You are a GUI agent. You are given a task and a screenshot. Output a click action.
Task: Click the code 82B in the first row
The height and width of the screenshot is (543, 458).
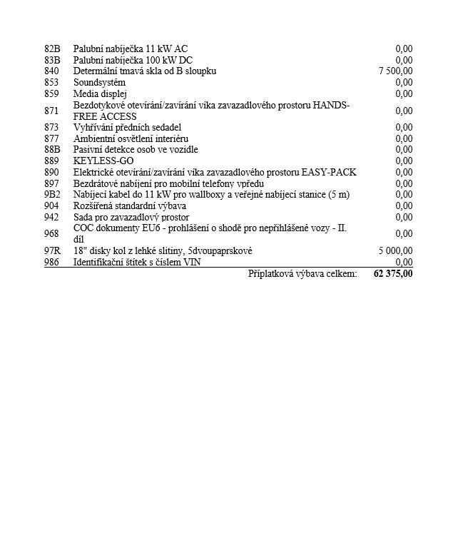click(x=52, y=49)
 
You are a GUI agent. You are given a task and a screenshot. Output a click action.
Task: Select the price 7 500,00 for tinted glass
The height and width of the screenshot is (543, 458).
click(x=395, y=71)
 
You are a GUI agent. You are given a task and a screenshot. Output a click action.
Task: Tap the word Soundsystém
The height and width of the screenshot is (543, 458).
click(x=99, y=83)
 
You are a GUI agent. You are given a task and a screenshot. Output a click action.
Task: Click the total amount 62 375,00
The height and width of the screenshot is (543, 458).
click(x=392, y=274)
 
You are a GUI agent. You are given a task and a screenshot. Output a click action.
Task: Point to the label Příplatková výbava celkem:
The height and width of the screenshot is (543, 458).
click(x=302, y=274)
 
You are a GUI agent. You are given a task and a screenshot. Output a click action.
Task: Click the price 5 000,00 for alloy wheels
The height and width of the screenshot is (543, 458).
click(x=395, y=251)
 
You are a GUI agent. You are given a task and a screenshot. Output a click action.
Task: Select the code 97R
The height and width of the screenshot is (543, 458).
click(x=52, y=251)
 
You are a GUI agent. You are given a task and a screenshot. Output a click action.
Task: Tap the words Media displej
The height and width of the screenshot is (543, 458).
click(x=100, y=94)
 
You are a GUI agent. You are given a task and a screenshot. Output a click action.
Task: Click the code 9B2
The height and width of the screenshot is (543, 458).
click(x=52, y=195)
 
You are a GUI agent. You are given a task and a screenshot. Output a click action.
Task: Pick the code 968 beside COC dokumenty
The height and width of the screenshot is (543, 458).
click(x=51, y=234)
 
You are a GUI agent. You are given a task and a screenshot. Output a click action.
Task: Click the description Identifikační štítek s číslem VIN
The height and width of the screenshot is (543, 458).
click(x=137, y=263)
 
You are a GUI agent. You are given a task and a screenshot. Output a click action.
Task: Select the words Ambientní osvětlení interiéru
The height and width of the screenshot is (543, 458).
click(x=131, y=138)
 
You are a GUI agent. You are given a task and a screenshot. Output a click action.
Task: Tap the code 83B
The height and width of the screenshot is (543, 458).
click(x=52, y=61)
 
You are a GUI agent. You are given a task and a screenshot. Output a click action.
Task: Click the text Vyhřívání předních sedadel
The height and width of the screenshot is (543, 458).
click(x=127, y=128)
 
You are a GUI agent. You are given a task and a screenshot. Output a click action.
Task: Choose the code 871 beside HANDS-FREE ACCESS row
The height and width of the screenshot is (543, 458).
click(x=51, y=111)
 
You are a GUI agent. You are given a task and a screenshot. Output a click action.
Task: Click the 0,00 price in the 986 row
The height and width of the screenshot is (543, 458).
click(x=404, y=263)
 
